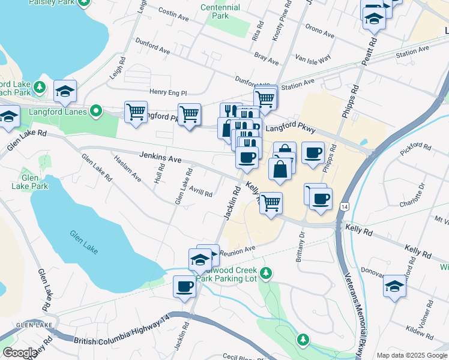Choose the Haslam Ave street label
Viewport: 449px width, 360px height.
click(128, 171)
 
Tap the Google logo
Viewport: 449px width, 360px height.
click(19, 353)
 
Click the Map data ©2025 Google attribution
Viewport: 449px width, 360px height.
click(412, 355)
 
